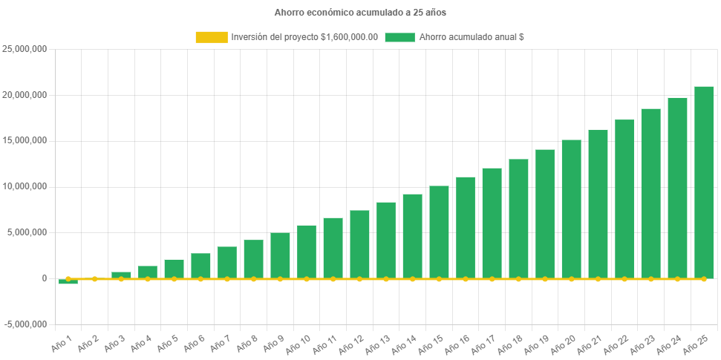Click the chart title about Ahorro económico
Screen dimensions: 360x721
pyautogui.click(x=360, y=13)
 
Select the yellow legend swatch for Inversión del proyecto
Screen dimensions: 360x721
pyautogui.click(x=211, y=37)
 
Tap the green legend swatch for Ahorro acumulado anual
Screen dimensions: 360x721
pyautogui.click(x=399, y=37)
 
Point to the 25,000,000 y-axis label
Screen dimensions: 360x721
pyautogui.click(x=25, y=49)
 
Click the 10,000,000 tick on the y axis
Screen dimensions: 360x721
pyautogui.click(x=25, y=186)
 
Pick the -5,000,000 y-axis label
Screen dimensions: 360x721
pyautogui.click(x=25, y=324)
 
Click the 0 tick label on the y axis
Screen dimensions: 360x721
pyautogui.click(x=45, y=278)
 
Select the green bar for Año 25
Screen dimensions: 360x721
pyautogui.click(x=704, y=182)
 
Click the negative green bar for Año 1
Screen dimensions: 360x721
pyautogui.click(x=68, y=282)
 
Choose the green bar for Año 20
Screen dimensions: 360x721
pyautogui.click(x=571, y=209)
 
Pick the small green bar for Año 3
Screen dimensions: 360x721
pyautogui.click(x=121, y=275)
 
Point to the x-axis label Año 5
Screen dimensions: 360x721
pyautogui.click(x=167, y=342)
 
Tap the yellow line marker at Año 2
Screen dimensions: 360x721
pyautogui.click(x=94, y=279)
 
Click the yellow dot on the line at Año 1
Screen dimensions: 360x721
pyautogui.click(x=68, y=279)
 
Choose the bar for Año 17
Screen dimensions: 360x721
pyautogui.click(x=492, y=223)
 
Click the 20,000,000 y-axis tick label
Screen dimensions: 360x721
pyautogui.click(x=25, y=95)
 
